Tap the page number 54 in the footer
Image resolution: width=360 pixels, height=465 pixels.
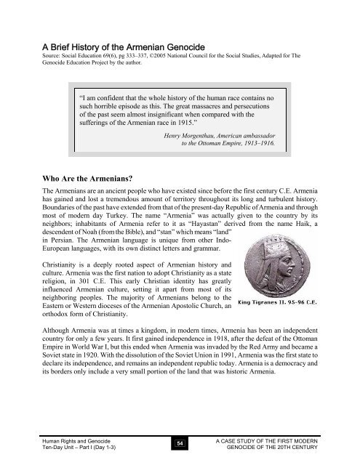(x=180, y=442)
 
